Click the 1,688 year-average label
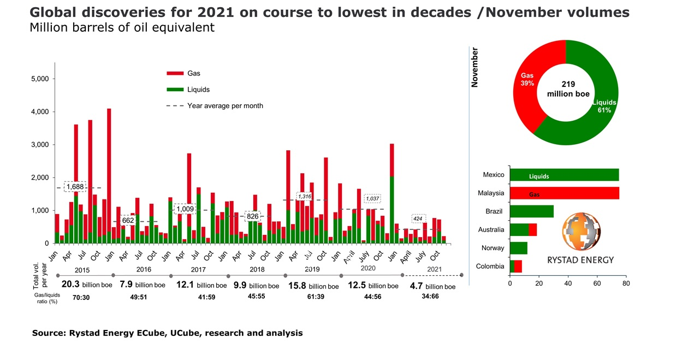click(75, 187)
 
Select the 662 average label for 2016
click(128, 220)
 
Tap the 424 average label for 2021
click(418, 219)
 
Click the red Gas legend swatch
click(175, 73)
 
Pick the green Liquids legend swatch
click(175, 90)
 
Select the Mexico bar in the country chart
click(564, 175)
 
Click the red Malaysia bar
click(564, 193)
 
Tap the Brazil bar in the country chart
click(531, 211)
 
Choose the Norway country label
click(493, 248)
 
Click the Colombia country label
click(490, 266)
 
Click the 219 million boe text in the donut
click(568, 89)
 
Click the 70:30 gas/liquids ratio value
click(81, 299)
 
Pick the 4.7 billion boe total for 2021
click(432, 286)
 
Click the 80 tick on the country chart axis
click(626, 284)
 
